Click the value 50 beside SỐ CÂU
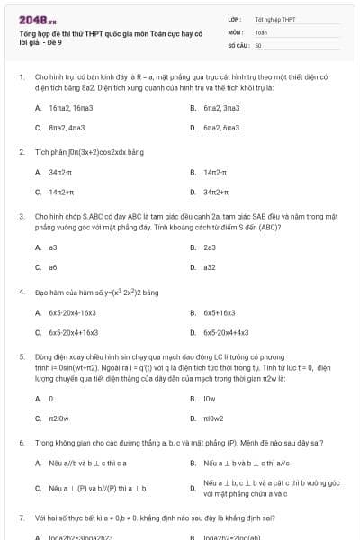coord(258,44)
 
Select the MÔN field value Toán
coord(261,31)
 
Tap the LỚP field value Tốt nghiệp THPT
coord(274,19)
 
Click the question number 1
coord(21,77)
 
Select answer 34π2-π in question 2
coord(61,172)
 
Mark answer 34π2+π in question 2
coord(217,192)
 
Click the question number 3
coord(21,217)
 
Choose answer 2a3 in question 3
coord(210,247)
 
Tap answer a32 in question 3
coord(209,267)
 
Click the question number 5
coord(21,357)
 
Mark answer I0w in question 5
coord(209,398)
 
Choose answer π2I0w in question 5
coord(58,418)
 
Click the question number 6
coord(21,443)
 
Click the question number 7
coord(21,518)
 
